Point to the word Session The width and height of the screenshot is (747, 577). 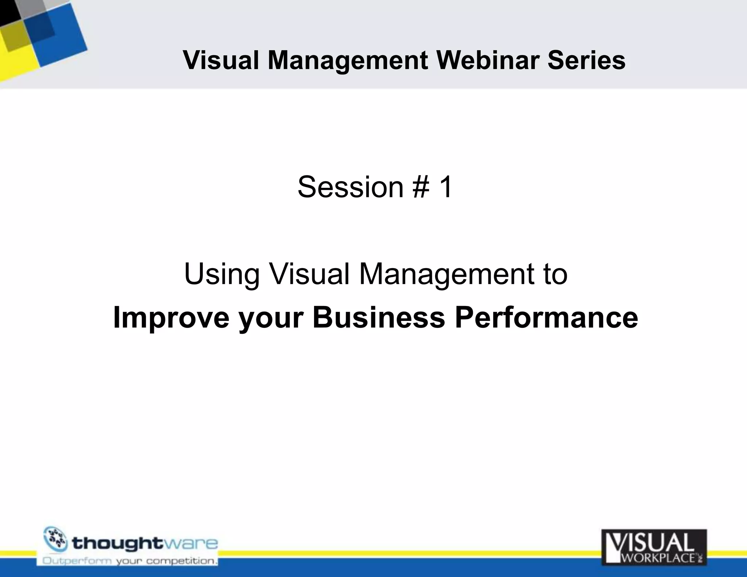click(x=350, y=187)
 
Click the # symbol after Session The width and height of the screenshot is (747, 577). click(x=421, y=187)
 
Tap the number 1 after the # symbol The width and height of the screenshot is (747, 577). click(x=446, y=187)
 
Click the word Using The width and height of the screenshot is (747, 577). click(x=222, y=274)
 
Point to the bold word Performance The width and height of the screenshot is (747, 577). click(x=546, y=317)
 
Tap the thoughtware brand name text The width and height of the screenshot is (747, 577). click(x=145, y=544)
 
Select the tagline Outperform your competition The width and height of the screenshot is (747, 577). click(x=130, y=561)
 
